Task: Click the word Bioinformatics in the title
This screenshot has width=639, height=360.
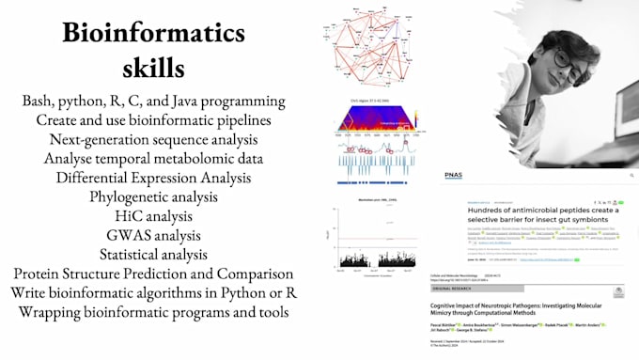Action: coord(154,33)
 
